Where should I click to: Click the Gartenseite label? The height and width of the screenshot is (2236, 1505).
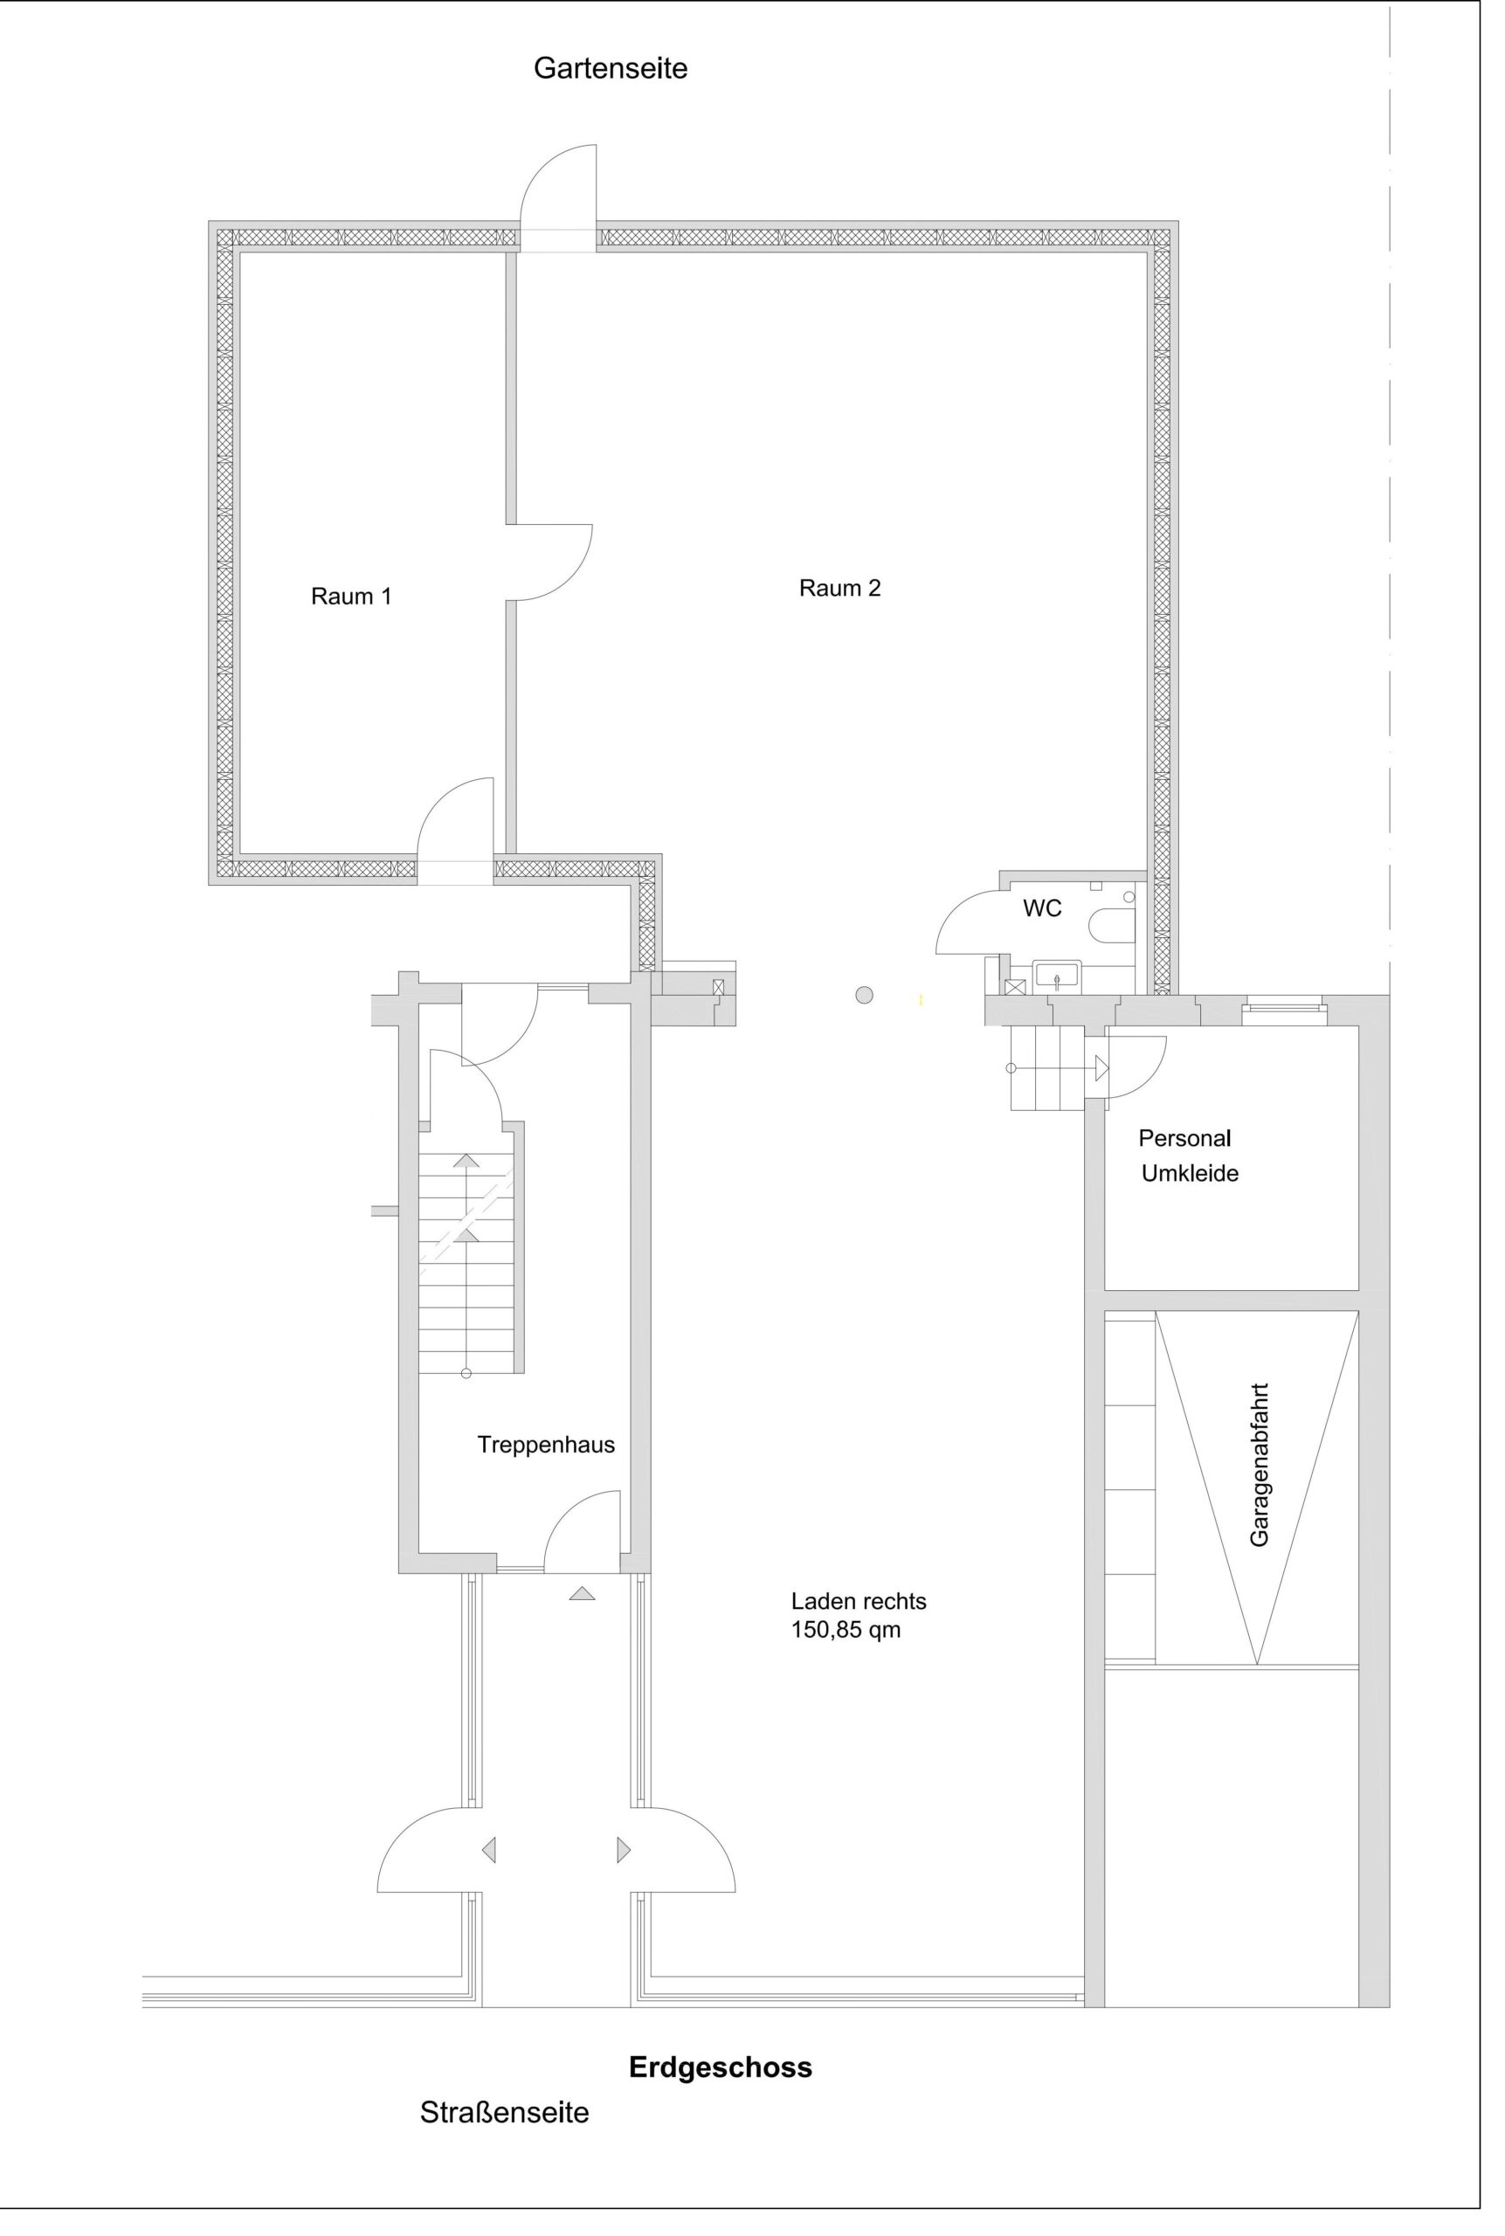611,69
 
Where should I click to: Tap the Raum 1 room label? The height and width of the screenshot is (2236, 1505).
351,596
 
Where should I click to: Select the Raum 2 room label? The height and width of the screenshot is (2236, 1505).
839,589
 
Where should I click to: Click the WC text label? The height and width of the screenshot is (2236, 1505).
1042,908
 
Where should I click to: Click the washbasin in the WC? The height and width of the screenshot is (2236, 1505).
1057,976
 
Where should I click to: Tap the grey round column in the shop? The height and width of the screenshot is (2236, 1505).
864,995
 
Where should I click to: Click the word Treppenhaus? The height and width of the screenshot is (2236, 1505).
546,1446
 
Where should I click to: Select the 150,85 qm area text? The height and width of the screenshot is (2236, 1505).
846,1631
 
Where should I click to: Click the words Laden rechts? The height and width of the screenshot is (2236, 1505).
858,1602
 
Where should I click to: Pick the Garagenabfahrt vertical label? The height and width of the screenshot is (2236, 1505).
1260,1465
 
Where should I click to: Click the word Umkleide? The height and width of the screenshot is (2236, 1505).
1191,1174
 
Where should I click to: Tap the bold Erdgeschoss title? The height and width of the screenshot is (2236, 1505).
720,2067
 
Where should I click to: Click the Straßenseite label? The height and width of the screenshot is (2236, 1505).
504,2112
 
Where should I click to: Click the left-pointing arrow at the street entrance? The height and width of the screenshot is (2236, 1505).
488,1849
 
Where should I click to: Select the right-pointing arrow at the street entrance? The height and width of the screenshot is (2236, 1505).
624,1849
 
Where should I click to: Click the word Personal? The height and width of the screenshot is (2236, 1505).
1184,1138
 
